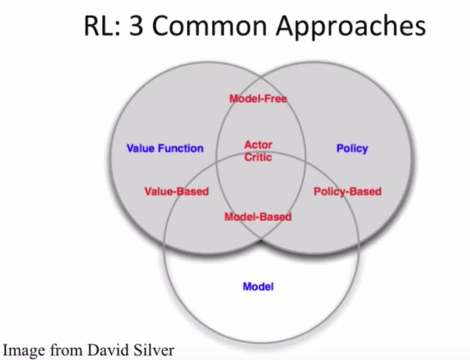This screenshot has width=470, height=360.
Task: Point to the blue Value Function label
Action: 165,148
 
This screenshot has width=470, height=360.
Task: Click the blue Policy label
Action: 352,148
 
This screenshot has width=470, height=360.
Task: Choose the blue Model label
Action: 258,287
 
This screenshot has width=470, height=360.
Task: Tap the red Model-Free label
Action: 258,98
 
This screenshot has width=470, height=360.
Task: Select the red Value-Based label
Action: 176,191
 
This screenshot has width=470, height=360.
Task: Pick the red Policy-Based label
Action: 347,191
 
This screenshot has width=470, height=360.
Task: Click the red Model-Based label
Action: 257,217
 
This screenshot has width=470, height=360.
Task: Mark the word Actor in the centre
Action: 258,145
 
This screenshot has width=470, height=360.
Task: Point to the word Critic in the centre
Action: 258,157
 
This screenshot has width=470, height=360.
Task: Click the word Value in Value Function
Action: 140,148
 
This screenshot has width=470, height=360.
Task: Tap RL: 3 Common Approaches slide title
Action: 255,27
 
